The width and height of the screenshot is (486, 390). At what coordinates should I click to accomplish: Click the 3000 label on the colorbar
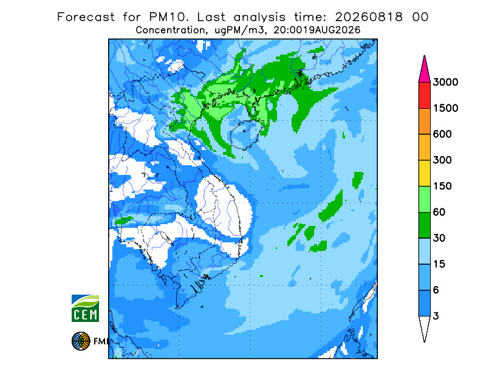coord(445,82)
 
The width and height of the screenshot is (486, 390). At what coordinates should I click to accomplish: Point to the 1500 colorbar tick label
coord(445,108)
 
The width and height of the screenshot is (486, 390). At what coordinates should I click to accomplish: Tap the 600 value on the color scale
coord(442,134)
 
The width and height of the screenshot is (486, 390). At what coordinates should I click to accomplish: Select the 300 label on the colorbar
coord(442,160)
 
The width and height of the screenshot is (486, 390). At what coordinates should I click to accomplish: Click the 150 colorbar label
coord(442,186)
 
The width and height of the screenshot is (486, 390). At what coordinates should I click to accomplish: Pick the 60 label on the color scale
coord(439,213)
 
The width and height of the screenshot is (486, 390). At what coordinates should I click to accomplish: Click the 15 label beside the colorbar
coord(439,264)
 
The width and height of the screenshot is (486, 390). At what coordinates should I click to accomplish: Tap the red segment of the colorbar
coord(424,95)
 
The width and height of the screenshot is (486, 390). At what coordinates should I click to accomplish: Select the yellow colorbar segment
coord(424,173)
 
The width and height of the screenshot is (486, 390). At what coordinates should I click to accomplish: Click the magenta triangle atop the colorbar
coord(424,71)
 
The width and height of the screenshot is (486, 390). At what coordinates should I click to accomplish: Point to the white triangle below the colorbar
coord(424,327)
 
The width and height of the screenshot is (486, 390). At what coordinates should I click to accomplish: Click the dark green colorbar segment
coord(424,225)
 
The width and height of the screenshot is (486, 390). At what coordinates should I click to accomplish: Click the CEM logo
coord(85,308)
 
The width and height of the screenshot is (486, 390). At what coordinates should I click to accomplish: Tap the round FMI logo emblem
coord(81,341)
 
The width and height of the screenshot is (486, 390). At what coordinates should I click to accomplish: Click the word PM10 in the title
coord(168,17)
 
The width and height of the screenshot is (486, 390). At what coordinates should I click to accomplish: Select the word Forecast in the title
coord(86,17)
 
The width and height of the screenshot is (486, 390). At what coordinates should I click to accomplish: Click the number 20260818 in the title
coord(369,17)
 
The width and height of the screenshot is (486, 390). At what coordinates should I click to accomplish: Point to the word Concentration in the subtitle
coord(170,30)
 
